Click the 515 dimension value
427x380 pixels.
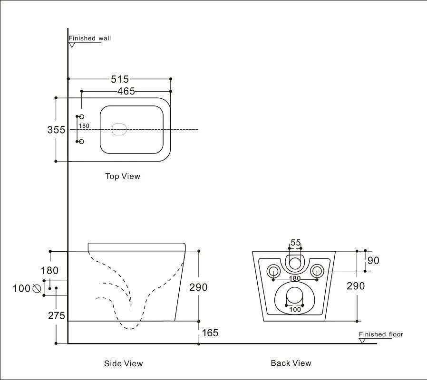coord(119,79)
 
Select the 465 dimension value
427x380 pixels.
coord(126,91)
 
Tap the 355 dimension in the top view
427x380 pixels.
coord(56,130)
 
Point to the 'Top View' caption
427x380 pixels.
coord(123,176)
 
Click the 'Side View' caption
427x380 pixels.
coord(123,363)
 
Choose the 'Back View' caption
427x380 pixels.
coord(291,363)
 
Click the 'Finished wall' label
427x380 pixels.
coord(89,38)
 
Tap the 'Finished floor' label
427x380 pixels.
coord(381,334)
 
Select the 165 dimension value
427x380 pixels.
coord(210,332)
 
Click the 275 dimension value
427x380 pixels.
coord(57,315)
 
